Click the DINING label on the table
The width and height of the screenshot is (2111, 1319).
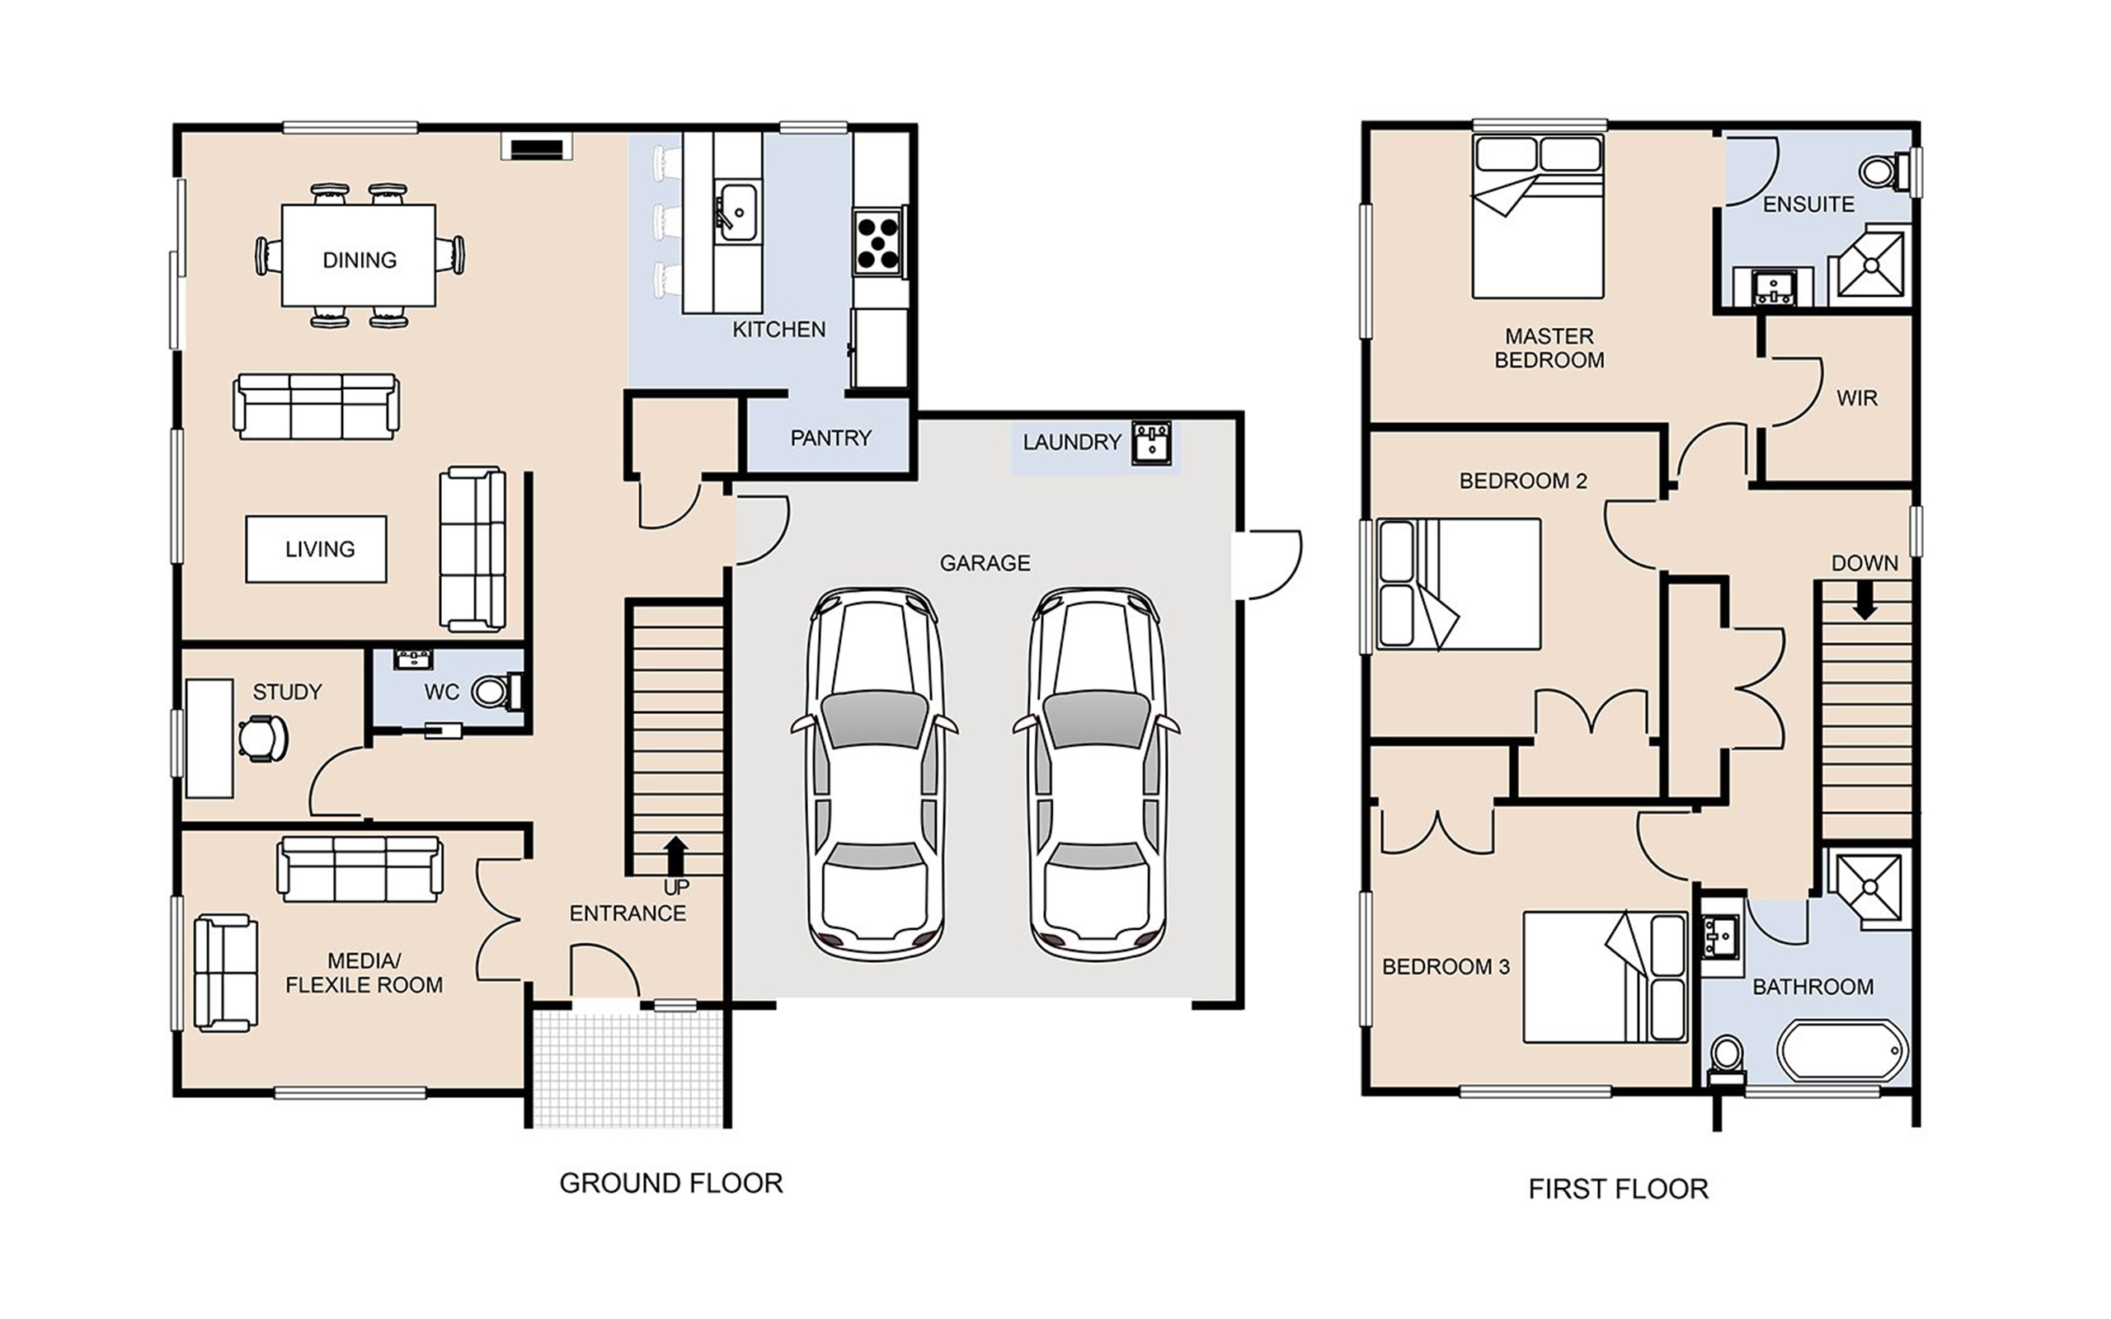click(x=360, y=260)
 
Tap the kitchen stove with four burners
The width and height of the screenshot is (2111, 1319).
click(x=877, y=242)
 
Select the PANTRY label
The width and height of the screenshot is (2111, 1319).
click(x=830, y=438)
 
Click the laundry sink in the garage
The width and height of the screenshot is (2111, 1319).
click(x=1151, y=443)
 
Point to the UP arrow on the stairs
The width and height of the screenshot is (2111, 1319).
click(x=675, y=855)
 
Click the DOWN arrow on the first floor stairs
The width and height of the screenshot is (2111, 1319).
click(x=1864, y=600)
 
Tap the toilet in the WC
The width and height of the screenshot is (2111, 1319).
click(x=497, y=692)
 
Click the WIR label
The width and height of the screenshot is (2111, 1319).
click(x=1856, y=399)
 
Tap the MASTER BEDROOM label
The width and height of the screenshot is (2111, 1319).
click(x=1549, y=348)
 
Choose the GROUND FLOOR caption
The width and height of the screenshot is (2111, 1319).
click(x=670, y=1183)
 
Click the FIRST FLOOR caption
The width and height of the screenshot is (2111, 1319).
click(x=1618, y=1189)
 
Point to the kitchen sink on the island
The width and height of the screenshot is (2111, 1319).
click(x=737, y=212)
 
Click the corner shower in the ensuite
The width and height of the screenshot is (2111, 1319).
click(x=1869, y=261)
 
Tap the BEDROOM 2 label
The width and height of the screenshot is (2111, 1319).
click(x=1523, y=481)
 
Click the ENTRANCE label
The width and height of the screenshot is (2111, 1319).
click(x=628, y=913)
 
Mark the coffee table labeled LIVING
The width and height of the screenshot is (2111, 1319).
click(x=316, y=549)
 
